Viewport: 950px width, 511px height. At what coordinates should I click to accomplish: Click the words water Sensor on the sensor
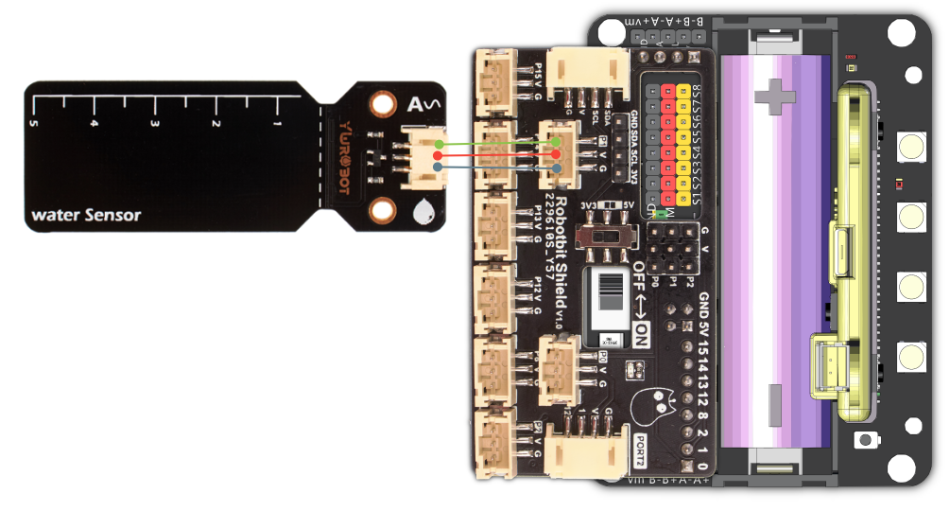(x=86, y=215)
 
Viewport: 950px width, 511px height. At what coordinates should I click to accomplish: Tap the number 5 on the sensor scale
(x=33, y=123)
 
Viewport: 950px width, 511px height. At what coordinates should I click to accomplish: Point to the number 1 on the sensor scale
(x=277, y=123)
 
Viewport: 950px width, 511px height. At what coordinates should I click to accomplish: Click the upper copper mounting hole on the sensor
(x=382, y=103)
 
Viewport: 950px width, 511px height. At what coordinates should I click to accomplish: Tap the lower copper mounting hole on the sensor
(x=382, y=210)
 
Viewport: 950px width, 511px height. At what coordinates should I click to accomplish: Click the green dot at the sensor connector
(x=437, y=144)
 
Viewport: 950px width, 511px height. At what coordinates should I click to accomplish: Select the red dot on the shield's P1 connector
(x=557, y=155)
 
